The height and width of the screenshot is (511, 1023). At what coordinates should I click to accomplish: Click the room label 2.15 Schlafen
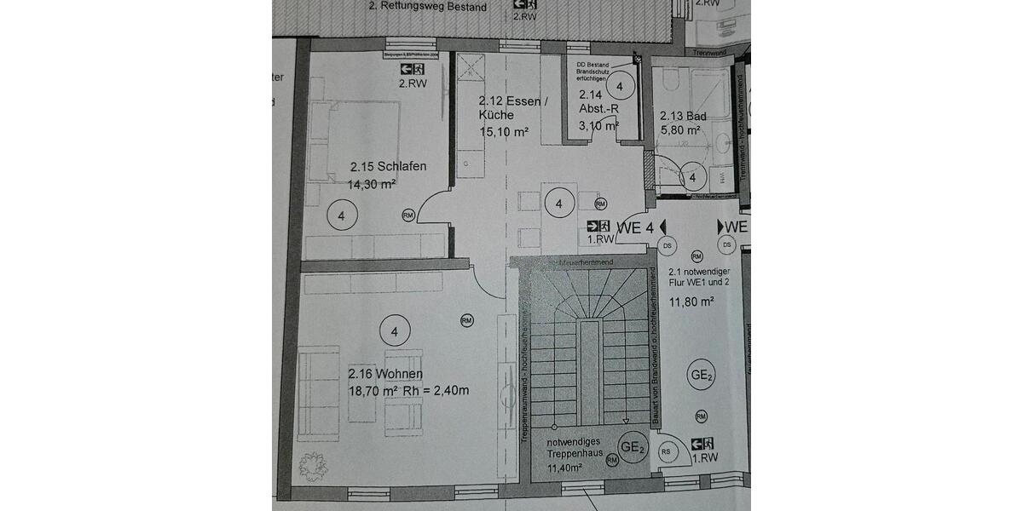[387, 167]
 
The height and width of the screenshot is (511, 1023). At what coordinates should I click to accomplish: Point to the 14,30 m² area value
[372, 183]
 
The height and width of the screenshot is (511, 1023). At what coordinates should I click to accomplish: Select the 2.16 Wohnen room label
[385, 374]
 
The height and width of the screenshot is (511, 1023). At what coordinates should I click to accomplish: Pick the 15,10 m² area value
[505, 131]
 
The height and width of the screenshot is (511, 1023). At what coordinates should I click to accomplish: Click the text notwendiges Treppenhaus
[575, 447]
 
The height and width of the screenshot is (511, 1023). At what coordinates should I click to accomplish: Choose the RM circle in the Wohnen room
[466, 320]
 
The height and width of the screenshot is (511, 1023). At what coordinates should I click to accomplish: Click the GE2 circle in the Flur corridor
[702, 375]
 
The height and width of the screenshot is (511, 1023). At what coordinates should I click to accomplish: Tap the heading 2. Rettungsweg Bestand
[427, 8]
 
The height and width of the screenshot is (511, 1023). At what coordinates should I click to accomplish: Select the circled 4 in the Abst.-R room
[621, 87]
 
